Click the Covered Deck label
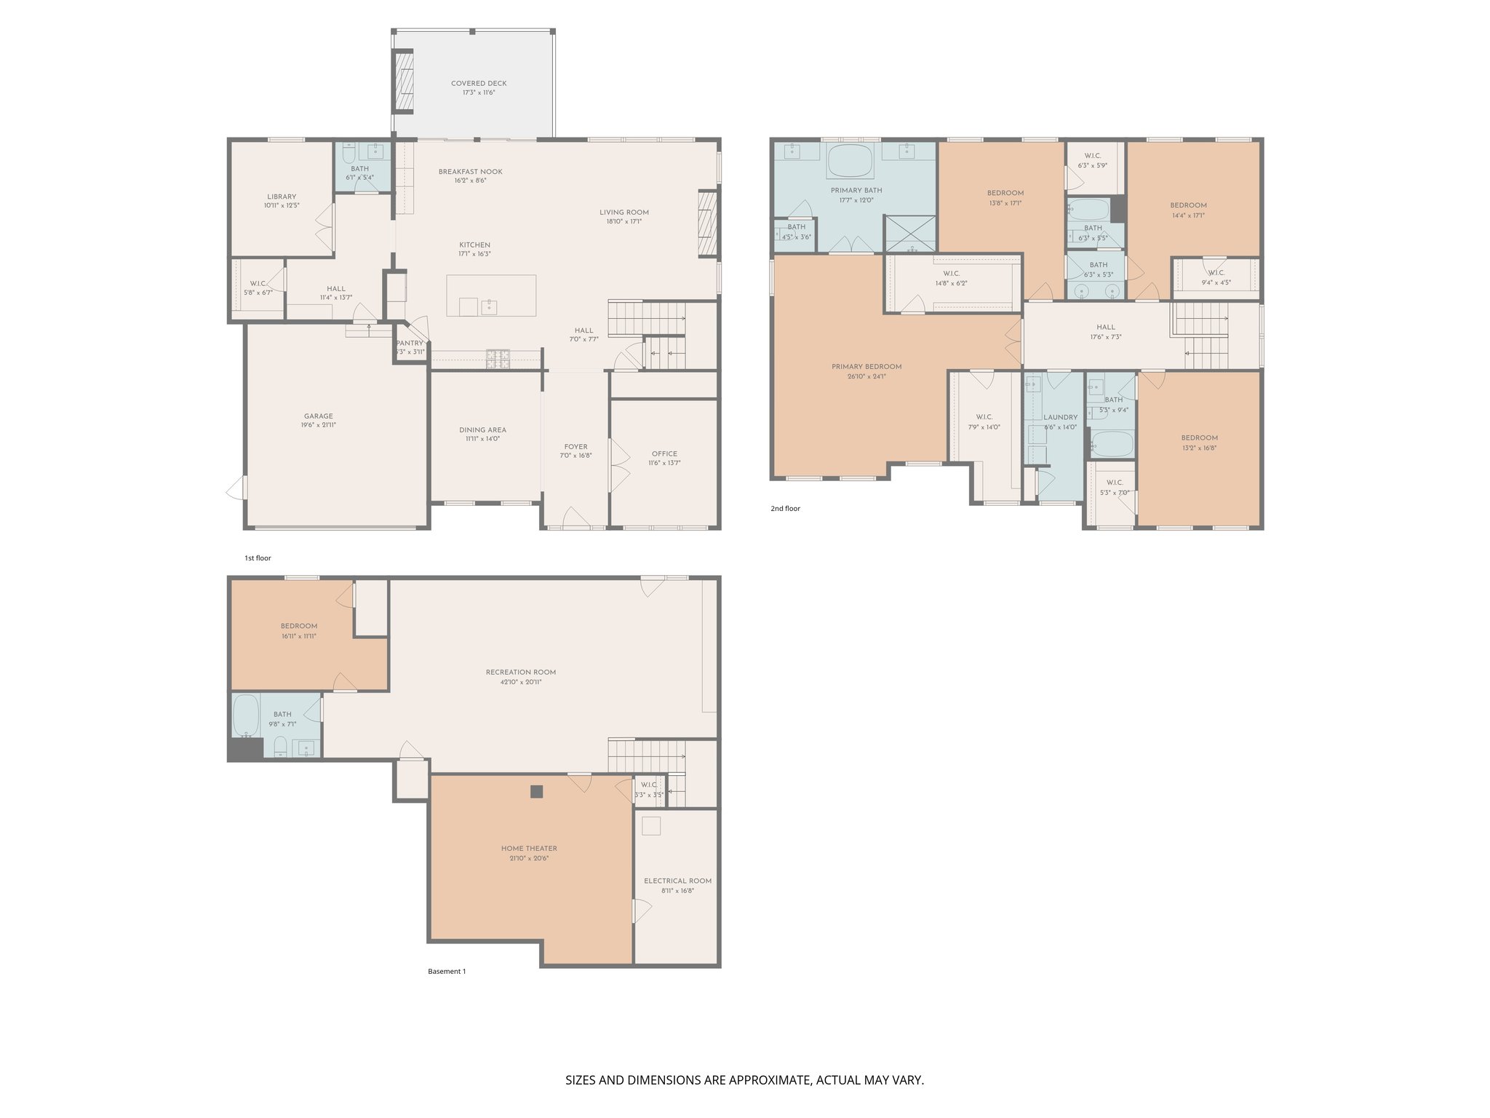click(x=478, y=84)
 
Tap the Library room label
click(x=282, y=197)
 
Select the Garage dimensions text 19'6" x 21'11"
click(x=319, y=426)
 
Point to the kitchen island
click(x=491, y=296)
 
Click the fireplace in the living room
click(x=707, y=223)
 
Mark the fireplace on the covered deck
click(x=403, y=81)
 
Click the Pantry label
click(x=410, y=344)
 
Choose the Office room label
click(x=664, y=453)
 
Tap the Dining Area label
click(x=482, y=429)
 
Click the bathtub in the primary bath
click(x=850, y=161)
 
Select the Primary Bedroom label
click(x=866, y=367)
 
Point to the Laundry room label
click(x=1060, y=418)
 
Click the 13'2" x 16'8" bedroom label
click(x=1199, y=438)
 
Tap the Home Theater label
click(x=529, y=849)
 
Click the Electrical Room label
click(x=677, y=881)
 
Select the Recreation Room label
click(x=520, y=673)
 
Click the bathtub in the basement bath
click(x=246, y=715)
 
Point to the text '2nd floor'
click(x=785, y=509)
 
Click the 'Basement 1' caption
click(x=446, y=972)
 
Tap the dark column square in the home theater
click(x=536, y=792)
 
